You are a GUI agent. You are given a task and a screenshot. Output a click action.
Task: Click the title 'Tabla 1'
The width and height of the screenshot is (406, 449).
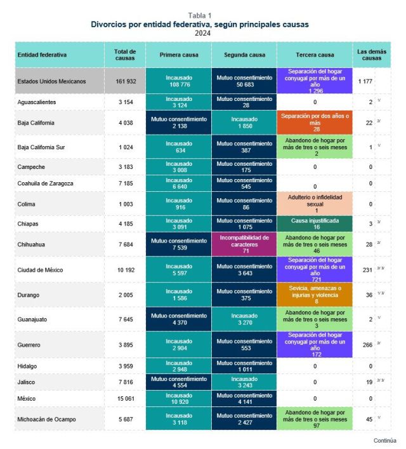pos(200,15)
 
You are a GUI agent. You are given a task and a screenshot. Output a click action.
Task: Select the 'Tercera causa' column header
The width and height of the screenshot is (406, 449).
pos(315,55)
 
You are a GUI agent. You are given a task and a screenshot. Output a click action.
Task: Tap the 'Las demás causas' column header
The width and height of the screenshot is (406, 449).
pos(371,55)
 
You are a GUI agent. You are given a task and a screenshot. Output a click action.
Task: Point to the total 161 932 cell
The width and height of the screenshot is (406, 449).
pos(125,81)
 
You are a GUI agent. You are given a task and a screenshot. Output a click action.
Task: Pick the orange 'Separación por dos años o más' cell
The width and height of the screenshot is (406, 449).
pos(315,123)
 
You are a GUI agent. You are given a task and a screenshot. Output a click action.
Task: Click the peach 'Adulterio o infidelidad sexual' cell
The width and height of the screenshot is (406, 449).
pos(315,204)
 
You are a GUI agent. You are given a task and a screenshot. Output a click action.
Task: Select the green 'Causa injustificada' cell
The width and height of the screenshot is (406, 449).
pos(315,224)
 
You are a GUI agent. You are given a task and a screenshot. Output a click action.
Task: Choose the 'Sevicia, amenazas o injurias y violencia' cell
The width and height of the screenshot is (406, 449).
pos(315,294)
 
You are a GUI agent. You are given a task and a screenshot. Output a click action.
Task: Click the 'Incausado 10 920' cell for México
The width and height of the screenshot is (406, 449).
pos(179,399)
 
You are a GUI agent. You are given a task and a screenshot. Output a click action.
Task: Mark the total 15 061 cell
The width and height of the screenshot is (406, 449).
pos(125,399)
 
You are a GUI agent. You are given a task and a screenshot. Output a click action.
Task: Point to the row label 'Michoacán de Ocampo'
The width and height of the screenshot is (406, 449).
pos(49,419)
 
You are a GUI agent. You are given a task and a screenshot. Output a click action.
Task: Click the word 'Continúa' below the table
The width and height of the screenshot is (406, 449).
pos(384,440)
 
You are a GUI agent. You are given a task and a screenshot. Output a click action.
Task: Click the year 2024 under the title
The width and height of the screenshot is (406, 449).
pos(202,33)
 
